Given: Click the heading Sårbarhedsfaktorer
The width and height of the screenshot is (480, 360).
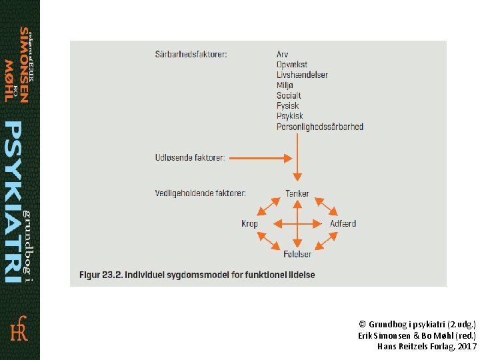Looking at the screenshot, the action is (191, 54).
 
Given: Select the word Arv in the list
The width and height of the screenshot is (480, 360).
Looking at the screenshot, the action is (283, 54).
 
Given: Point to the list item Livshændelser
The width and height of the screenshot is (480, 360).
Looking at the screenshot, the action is (302, 75).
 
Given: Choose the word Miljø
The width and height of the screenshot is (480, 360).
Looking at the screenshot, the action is (285, 85).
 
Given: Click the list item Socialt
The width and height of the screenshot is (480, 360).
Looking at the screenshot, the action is (289, 95).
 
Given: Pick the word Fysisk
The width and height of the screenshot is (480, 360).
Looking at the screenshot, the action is (288, 105).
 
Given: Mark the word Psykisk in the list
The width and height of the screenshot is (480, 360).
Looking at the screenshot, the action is (290, 116).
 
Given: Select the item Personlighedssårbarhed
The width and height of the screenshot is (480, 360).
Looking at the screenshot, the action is (320, 127).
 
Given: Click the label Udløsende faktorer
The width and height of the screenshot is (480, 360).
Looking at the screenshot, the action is (190, 158).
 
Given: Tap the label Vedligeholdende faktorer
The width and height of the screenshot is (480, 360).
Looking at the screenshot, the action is (200, 193).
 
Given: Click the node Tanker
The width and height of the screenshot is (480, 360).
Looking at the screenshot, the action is (297, 194).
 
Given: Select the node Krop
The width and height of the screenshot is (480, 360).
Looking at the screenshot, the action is (249, 224).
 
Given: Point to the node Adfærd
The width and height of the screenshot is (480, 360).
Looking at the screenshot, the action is (343, 224).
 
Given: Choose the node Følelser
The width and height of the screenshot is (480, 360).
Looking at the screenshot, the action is (297, 254).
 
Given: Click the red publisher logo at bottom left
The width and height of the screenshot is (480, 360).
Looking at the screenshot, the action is (19, 329).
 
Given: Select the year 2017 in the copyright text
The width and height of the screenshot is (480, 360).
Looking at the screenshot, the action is (467, 347).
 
